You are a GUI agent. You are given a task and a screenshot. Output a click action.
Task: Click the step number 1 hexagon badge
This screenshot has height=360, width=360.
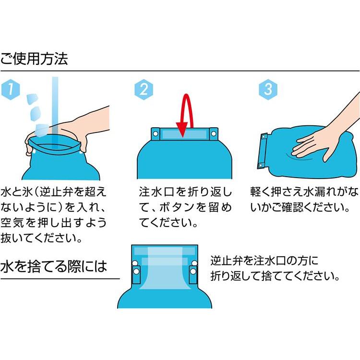coord(11,89)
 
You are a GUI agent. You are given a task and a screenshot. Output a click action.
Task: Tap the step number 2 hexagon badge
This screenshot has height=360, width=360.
coord(144,90)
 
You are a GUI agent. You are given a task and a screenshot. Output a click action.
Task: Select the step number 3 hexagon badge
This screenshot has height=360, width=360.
coord(268,90)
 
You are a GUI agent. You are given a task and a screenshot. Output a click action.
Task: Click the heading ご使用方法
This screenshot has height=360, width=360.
coord(34,59)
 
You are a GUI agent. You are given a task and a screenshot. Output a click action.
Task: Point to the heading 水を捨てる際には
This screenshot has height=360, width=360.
coord(54,266)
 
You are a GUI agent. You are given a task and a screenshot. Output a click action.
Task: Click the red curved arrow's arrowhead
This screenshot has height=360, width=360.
coord(182,129)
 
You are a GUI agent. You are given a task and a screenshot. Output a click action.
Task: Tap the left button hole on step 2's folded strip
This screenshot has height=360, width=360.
coord(156,133)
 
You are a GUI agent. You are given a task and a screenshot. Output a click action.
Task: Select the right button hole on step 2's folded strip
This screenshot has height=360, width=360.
coord(213,133)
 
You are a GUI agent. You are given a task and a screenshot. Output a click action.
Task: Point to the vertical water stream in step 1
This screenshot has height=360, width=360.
coord(55,108)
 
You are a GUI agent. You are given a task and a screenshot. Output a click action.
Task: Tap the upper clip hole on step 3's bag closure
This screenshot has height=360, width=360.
coord(264,137)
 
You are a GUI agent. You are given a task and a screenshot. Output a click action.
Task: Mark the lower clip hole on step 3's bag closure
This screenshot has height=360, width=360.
coord(261,165)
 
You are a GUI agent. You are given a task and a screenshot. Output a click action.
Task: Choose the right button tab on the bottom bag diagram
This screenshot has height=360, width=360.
coord(193,275)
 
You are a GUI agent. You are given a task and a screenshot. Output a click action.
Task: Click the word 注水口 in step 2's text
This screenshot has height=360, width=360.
coord(156,192)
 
